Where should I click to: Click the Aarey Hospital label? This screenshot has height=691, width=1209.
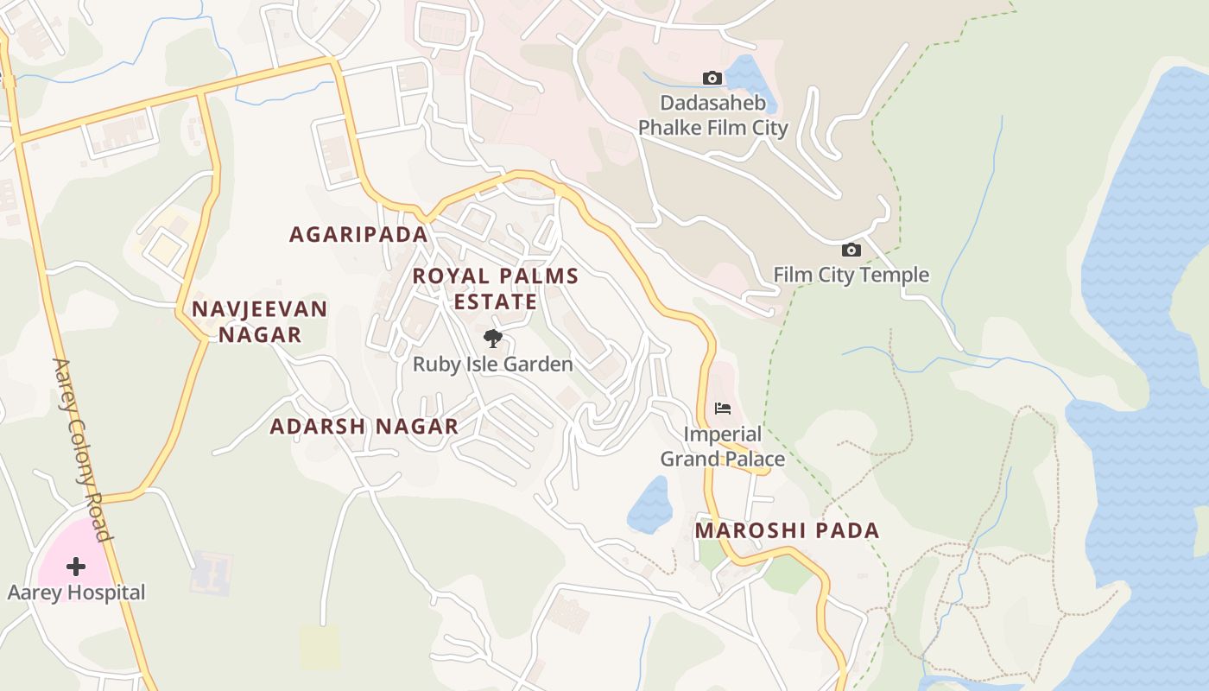76,593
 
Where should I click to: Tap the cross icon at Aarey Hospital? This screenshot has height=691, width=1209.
76,567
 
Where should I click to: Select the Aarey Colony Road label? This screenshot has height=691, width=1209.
83,449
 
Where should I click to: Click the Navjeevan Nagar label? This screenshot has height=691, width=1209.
259,321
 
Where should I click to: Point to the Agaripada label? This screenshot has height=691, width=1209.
358,234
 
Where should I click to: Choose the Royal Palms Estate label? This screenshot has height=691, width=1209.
495,288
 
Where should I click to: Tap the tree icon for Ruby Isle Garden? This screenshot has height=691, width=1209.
492,338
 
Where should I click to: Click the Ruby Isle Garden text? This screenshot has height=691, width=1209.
492,364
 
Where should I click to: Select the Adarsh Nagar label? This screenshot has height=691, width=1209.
364,426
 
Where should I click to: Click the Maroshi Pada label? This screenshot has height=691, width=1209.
787,530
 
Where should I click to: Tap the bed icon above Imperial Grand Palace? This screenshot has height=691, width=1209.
723,408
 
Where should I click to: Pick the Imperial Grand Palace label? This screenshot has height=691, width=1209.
723,446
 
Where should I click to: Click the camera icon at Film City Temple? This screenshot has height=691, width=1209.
851,250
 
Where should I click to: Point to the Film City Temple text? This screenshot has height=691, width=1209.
851,275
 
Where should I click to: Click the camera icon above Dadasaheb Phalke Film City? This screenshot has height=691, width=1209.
712,79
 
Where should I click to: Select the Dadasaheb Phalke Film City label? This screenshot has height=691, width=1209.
712,116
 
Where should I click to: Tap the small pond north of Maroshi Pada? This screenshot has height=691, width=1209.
650,506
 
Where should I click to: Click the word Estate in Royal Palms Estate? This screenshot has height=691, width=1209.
495,301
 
